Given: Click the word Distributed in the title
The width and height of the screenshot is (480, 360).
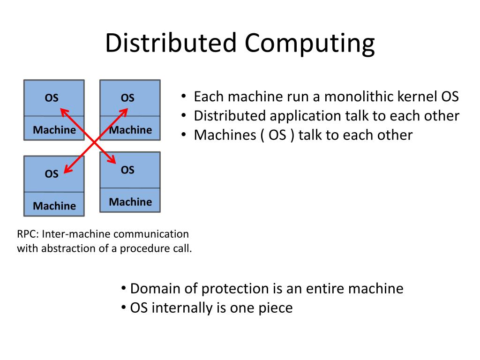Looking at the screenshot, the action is (171, 43).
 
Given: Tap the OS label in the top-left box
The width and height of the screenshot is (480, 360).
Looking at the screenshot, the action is (52, 97).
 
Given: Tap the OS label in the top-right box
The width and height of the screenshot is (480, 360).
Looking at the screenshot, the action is (127, 97).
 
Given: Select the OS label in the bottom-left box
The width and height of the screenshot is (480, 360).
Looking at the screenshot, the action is (52, 174).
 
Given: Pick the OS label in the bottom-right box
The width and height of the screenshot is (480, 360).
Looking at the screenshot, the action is (127, 170).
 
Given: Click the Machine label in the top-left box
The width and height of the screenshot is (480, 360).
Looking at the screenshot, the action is (54, 130).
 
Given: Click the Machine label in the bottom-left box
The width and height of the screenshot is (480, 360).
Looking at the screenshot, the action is (54, 206).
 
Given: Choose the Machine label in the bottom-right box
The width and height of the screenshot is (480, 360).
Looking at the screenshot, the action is (130, 202).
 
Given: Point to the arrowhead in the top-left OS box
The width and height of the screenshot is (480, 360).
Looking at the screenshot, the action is (60, 109).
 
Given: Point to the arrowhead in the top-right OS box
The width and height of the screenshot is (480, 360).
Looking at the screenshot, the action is (127, 109).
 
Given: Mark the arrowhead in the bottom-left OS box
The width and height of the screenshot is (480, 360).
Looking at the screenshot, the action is (64, 173).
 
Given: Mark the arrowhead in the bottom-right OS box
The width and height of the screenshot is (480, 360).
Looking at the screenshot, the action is (115, 163).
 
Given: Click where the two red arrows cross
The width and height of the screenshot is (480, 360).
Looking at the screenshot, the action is (94, 142).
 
